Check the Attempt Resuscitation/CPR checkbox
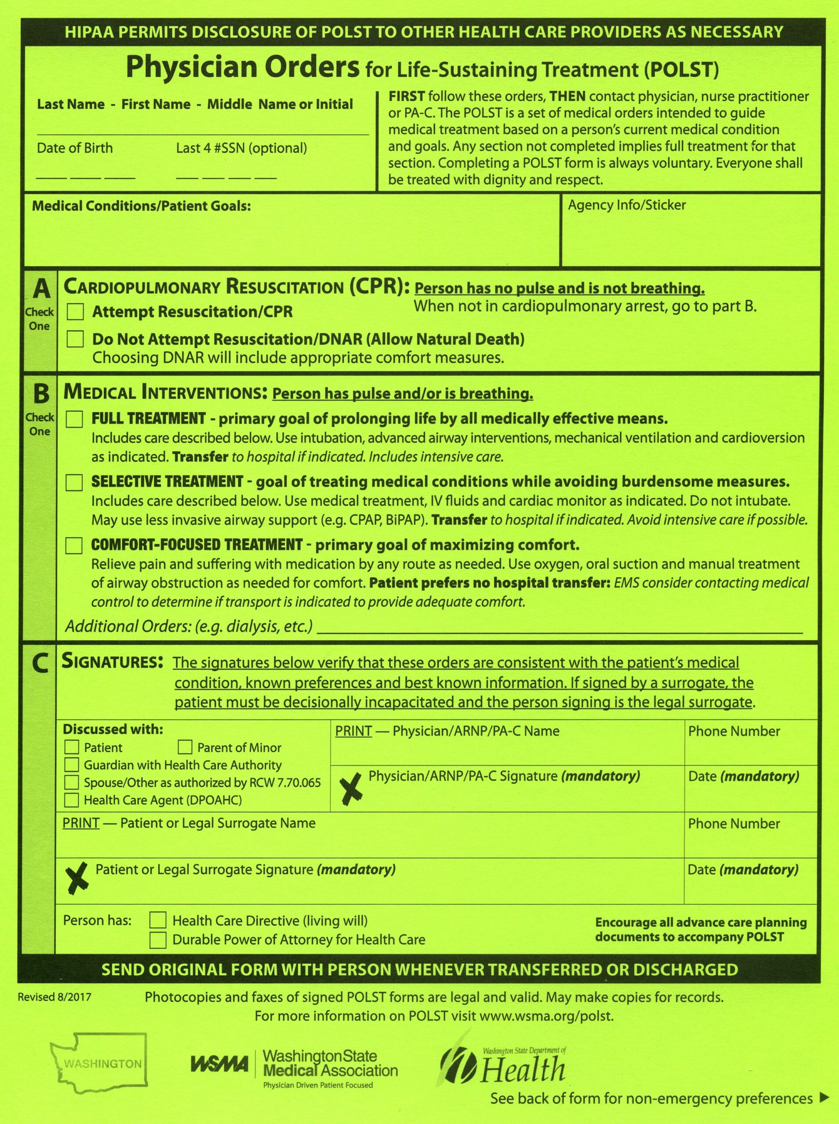coord(75,311)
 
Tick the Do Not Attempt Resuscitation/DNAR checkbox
coord(75,339)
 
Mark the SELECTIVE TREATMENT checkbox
coord(74,482)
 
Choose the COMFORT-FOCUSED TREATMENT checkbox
coord(74,545)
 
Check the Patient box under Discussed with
coord(72,747)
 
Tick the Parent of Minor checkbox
coord(185,747)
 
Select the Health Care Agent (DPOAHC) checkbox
coord(72,800)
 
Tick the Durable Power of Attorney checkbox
coord(158,940)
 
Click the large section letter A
coord(41,289)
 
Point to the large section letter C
coord(40,664)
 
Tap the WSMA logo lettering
coord(220,1063)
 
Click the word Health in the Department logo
coord(523,1069)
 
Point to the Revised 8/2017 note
coord(54,997)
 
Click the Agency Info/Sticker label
coord(627,205)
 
